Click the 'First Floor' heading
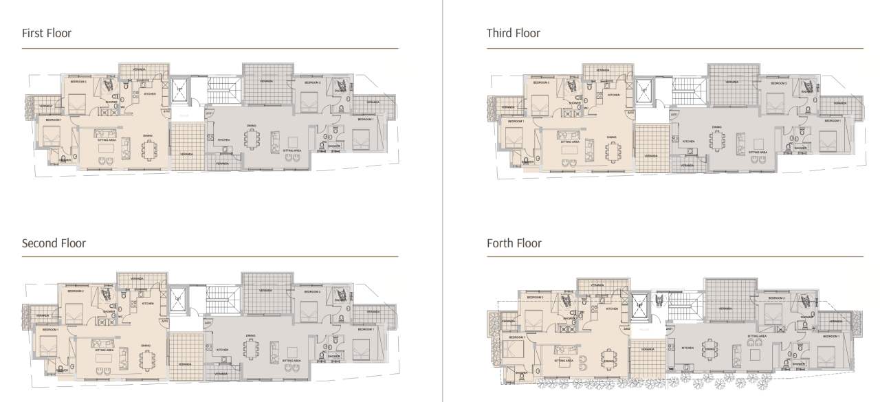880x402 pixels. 47,33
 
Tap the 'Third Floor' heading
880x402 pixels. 513,33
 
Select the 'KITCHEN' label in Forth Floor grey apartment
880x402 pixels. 687,348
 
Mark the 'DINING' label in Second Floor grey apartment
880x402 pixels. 250,335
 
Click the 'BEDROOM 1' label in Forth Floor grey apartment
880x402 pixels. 831,336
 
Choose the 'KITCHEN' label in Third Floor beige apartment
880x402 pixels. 614,95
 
